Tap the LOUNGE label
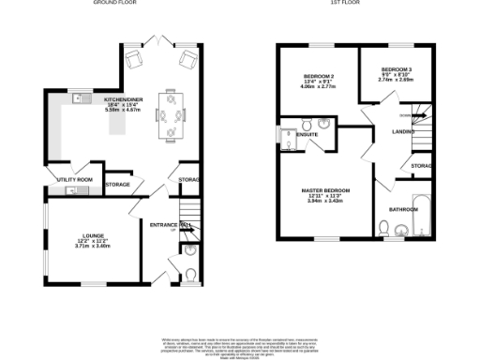tap(92, 234)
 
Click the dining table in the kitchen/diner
tap(171, 113)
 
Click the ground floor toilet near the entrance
tap(190, 274)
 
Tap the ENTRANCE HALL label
tap(172, 225)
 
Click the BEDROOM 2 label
tap(318, 76)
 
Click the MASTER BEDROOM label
tap(327, 191)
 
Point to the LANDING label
tap(403, 132)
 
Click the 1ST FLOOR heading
tap(341, 4)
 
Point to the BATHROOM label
tap(404, 209)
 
